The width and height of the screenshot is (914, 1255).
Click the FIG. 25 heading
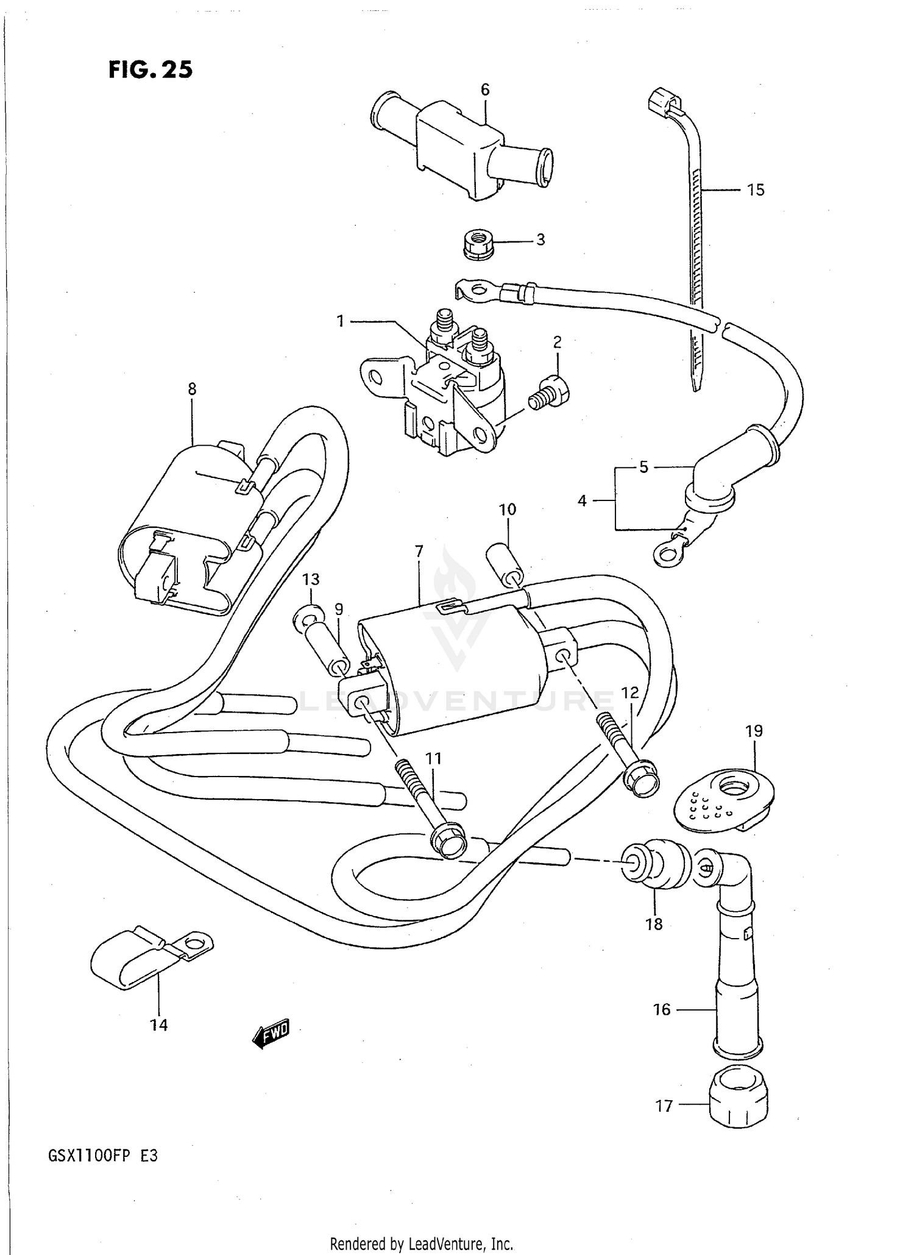coord(151,70)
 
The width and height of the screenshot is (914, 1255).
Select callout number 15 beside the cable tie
coord(755,190)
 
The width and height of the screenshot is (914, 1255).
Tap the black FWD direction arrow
coord(271,1030)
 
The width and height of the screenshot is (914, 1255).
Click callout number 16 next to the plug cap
coord(661,1010)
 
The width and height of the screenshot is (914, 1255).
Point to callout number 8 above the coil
coord(192,389)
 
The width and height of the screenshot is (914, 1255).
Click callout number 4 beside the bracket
coord(582,500)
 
